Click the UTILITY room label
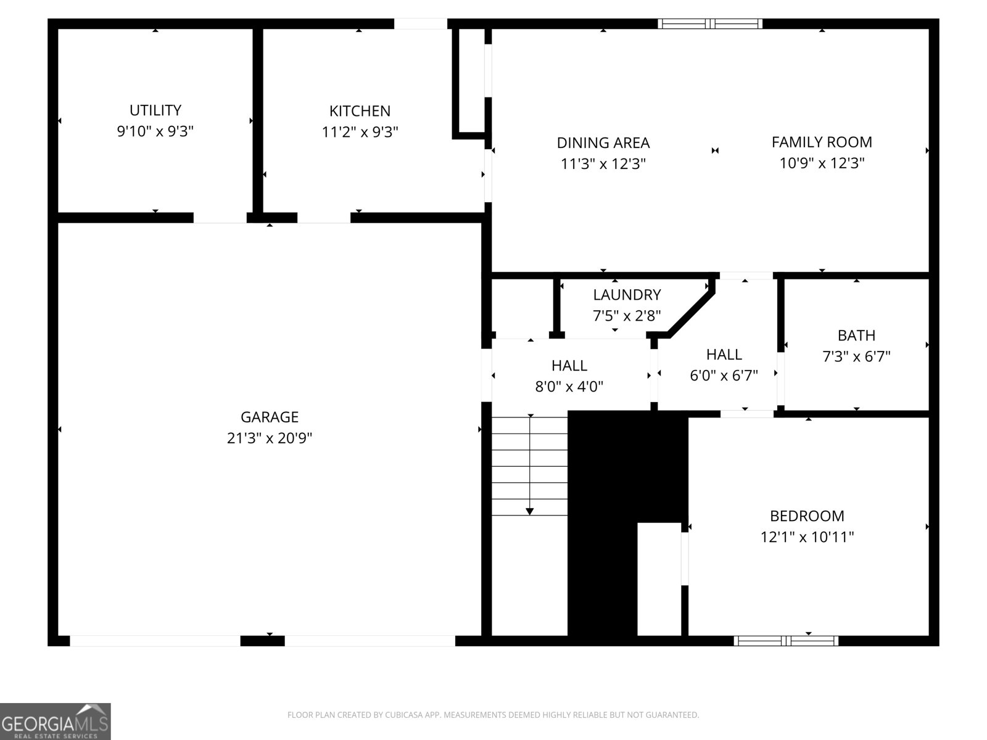coord(155,110)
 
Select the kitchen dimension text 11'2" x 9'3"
coord(360,132)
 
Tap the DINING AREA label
coord(603,143)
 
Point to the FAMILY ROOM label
coord(822,142)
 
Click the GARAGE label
coord(270,417)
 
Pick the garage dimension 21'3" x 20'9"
coord(270,438)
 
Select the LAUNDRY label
coord(627,295)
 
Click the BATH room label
coord(856,335)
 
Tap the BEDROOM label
coord(807,516)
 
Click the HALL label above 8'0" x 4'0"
coord(569,366)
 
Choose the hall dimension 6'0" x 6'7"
coord(724,376)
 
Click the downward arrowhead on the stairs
coord(530,511)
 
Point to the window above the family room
coord(710,24)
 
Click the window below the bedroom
coord(786,641)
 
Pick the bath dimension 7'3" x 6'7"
coord(856,356)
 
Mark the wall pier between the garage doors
coord(262,641)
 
